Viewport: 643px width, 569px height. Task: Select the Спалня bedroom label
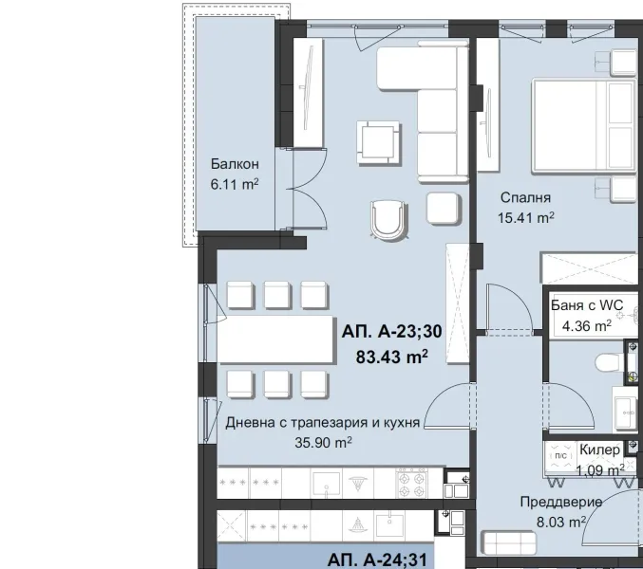tap(526, 197)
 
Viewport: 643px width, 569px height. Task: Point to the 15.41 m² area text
tap(526, 217)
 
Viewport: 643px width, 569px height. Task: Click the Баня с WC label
tap(587, 306)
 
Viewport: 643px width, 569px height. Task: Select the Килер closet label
tap(600, 450)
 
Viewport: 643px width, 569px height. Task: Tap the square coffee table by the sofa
tap(376, 139)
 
